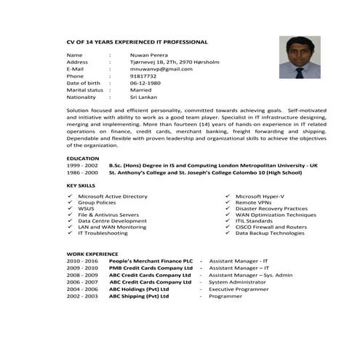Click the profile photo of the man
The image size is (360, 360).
[300, 57]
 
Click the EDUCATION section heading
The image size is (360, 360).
[83, 158]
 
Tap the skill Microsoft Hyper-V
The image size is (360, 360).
[260, 196]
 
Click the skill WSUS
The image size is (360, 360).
[86, 209]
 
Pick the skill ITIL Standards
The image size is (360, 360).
[254, 221]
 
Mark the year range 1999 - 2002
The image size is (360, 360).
[81, 165]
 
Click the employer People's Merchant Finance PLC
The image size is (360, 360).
[151, 260]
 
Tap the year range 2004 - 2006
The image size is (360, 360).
[81, 289]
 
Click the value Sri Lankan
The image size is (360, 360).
[144, 97]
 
